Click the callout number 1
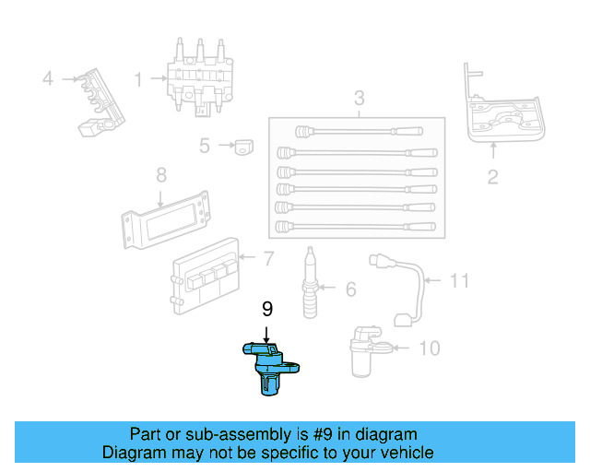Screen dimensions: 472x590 pyautogui.click(x=138, y=80)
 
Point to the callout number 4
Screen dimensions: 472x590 pyautogui.click(x=48, y=79)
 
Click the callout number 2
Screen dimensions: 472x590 pyautogui.click(x=492, y=177)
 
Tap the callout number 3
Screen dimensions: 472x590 pyautogui.click(x=359, y=99)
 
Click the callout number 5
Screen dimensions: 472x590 pyautogui.click(x=205, y=145)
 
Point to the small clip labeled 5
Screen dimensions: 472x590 pyautogui.click(x=243, y=146)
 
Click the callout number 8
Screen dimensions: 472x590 pyautogui.click(x=160, y=174)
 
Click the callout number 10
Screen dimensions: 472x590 pyautogui.click(x=429, y=348)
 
